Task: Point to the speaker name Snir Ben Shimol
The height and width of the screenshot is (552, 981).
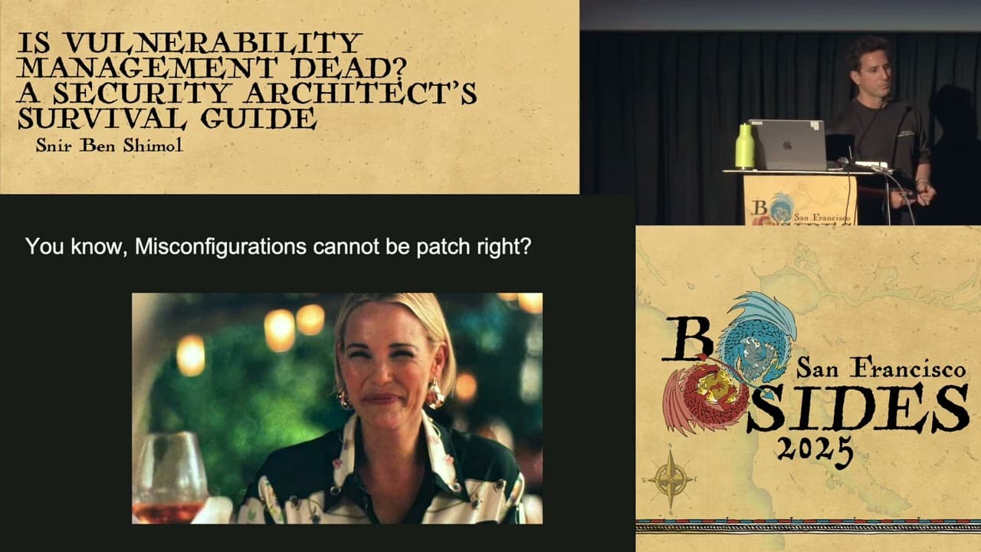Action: tap(109, 146)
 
